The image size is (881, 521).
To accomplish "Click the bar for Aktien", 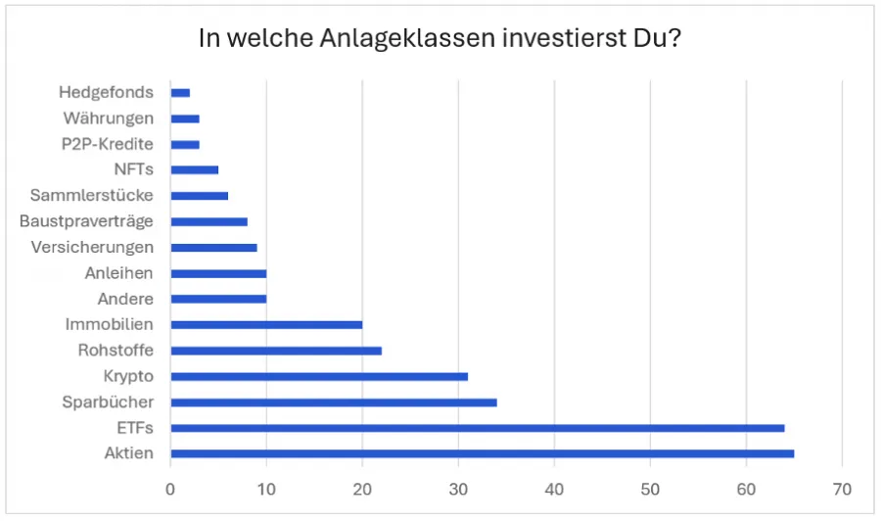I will point(482,453).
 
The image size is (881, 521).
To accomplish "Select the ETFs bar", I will point(477,428).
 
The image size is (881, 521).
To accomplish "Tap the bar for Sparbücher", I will point(333,402).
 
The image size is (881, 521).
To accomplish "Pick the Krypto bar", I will point(318,376).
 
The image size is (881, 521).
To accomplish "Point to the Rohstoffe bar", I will point(275,351).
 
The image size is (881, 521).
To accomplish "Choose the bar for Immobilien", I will point(266,324).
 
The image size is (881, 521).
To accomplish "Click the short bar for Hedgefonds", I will point(180,93).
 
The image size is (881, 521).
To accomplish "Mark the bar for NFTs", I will point(194,169).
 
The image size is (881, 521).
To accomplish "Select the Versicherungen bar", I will point(213,247).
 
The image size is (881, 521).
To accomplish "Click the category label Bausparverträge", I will point(86,221).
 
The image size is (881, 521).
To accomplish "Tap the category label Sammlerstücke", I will point(91,195).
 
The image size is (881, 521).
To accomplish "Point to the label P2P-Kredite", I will point(109,144).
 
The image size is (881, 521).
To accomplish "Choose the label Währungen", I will point(108,118).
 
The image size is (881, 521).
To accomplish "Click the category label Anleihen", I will point(118,273).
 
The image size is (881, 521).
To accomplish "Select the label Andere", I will point(125,299).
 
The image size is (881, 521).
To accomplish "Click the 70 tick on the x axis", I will point(842,488).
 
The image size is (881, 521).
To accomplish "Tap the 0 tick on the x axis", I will point(170,488).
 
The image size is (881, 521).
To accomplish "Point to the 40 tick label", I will point(554,488).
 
